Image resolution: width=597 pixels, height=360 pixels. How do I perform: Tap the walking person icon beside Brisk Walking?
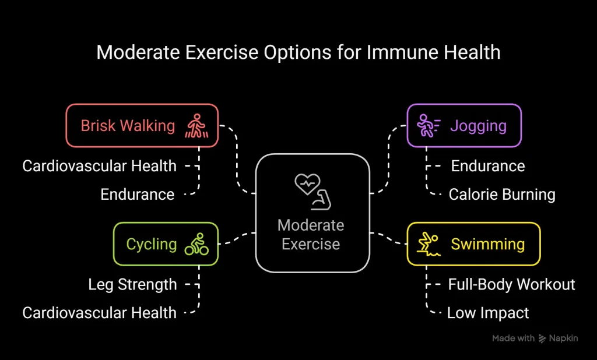[x=197, y=126]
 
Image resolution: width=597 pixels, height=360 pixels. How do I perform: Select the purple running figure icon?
[x=429, y=126]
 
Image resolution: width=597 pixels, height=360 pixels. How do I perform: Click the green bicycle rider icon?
[x=196, y=244]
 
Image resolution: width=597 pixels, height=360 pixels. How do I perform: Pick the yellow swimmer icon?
[x=429, y=244]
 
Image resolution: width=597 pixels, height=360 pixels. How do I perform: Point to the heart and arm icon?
[x=312, y=192]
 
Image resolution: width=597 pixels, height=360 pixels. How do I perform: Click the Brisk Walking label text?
[x=128, y=126]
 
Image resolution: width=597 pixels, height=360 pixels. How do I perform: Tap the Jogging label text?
[x=478, y=126]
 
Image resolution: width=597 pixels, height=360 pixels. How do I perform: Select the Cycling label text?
[x=152, y=245]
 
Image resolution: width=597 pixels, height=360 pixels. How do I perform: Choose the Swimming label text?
[x=488, y=245]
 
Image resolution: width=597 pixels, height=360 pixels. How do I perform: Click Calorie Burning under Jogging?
[x=502, y=195]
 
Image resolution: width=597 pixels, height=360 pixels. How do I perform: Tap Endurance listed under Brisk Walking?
[x=138, y=195]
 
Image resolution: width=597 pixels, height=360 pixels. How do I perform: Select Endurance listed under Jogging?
[x=488, y=166]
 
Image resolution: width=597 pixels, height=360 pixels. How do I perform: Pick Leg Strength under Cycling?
[x=132, y=285]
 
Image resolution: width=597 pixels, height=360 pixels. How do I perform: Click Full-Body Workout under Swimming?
[x=511, y=285]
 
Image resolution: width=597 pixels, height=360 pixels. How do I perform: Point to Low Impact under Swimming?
[x=488, y=313]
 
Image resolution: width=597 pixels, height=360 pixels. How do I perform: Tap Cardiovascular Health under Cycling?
[x=99, y=313]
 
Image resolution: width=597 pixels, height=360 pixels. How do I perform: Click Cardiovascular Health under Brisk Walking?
[x=99, y=166]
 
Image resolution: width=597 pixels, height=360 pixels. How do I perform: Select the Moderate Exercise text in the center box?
[x=311, y=234]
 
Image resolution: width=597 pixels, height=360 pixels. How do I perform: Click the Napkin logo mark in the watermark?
[x=542, y=338]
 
